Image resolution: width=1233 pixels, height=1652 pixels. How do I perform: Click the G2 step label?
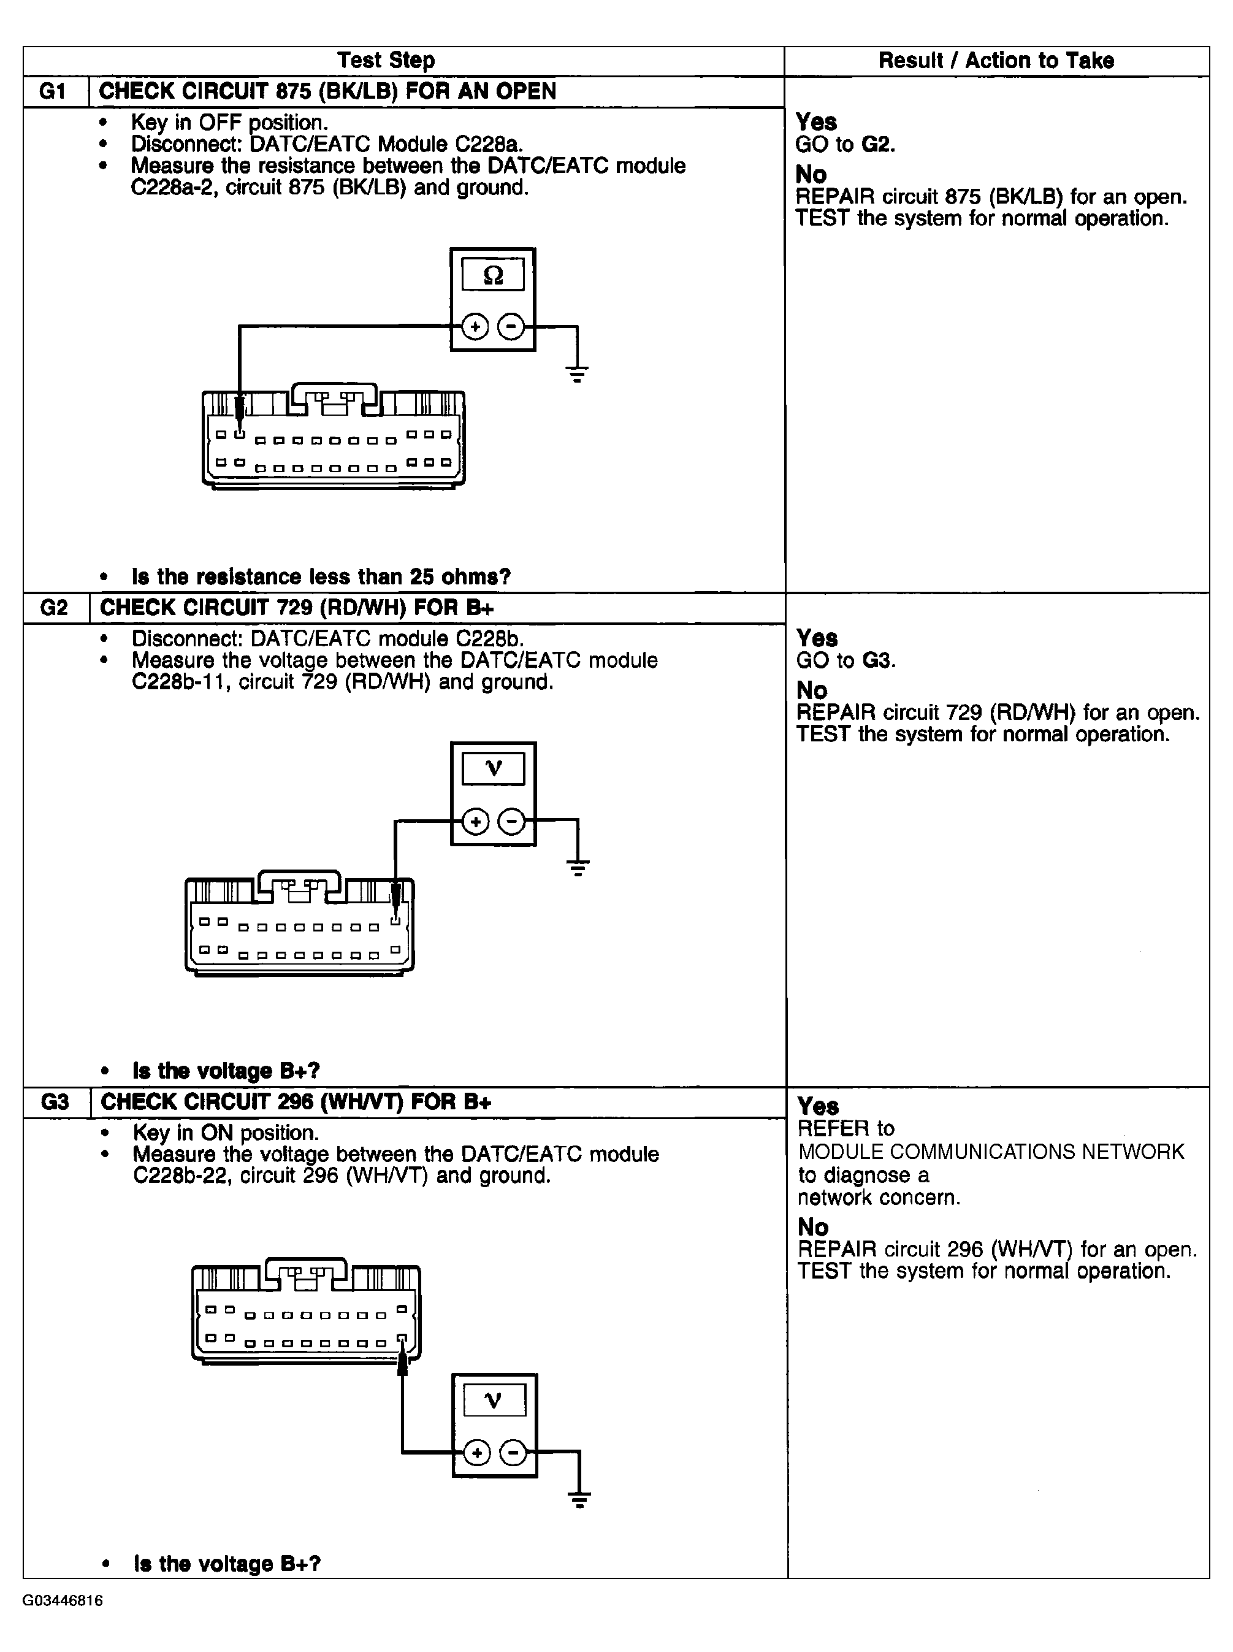click(x=54, y=608)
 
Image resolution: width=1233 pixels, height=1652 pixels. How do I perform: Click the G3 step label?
click(x=55, y=1102)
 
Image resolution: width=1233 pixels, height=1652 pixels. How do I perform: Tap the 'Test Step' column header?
click(x=386, y=61)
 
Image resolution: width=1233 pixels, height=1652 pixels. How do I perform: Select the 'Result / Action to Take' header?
click(x=996, y=61)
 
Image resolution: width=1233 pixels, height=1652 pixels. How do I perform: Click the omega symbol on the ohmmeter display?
click(x=492, y=275)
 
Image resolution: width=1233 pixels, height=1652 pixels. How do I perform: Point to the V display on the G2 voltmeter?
click(x=494, y=768)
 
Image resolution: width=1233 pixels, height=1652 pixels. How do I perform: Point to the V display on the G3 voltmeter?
click(x=494, y=1401)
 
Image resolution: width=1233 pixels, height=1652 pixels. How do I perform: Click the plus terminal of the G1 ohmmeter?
click(x=475, y=327)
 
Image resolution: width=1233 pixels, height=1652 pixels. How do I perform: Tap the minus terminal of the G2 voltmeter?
click(x=512, y=822)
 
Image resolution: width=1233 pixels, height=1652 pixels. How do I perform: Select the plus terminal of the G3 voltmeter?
click(x=477, y=1453)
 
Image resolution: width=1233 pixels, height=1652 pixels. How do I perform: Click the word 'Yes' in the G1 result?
click(x=816, y=121)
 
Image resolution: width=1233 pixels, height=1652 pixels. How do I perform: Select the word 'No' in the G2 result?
click(x=812, y=690)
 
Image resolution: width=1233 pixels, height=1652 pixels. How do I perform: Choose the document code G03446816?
click(x=63, y=1600)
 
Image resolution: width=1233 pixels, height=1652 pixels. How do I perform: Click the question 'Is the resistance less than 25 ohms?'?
click(x=321, y=576)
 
